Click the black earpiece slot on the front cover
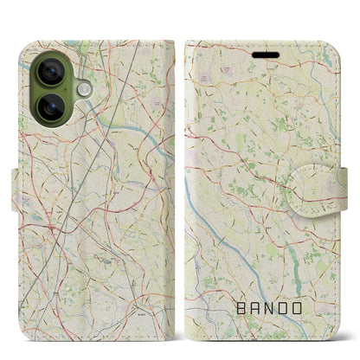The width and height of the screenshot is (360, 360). tap(263, 54)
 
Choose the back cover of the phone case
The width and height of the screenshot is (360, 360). tap(95, 216)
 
